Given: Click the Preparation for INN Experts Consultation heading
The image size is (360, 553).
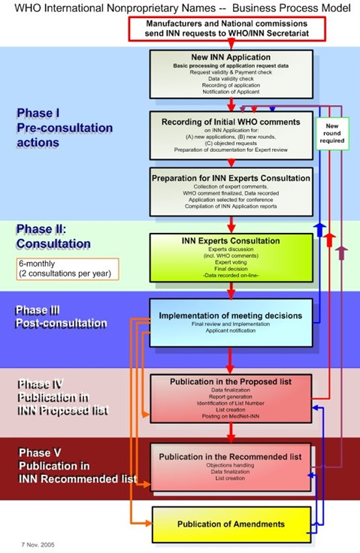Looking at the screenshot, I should pos(231,178).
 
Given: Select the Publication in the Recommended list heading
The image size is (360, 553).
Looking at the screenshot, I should pos(231,455).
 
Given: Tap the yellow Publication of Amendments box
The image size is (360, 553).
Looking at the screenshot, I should pos(230,523).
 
